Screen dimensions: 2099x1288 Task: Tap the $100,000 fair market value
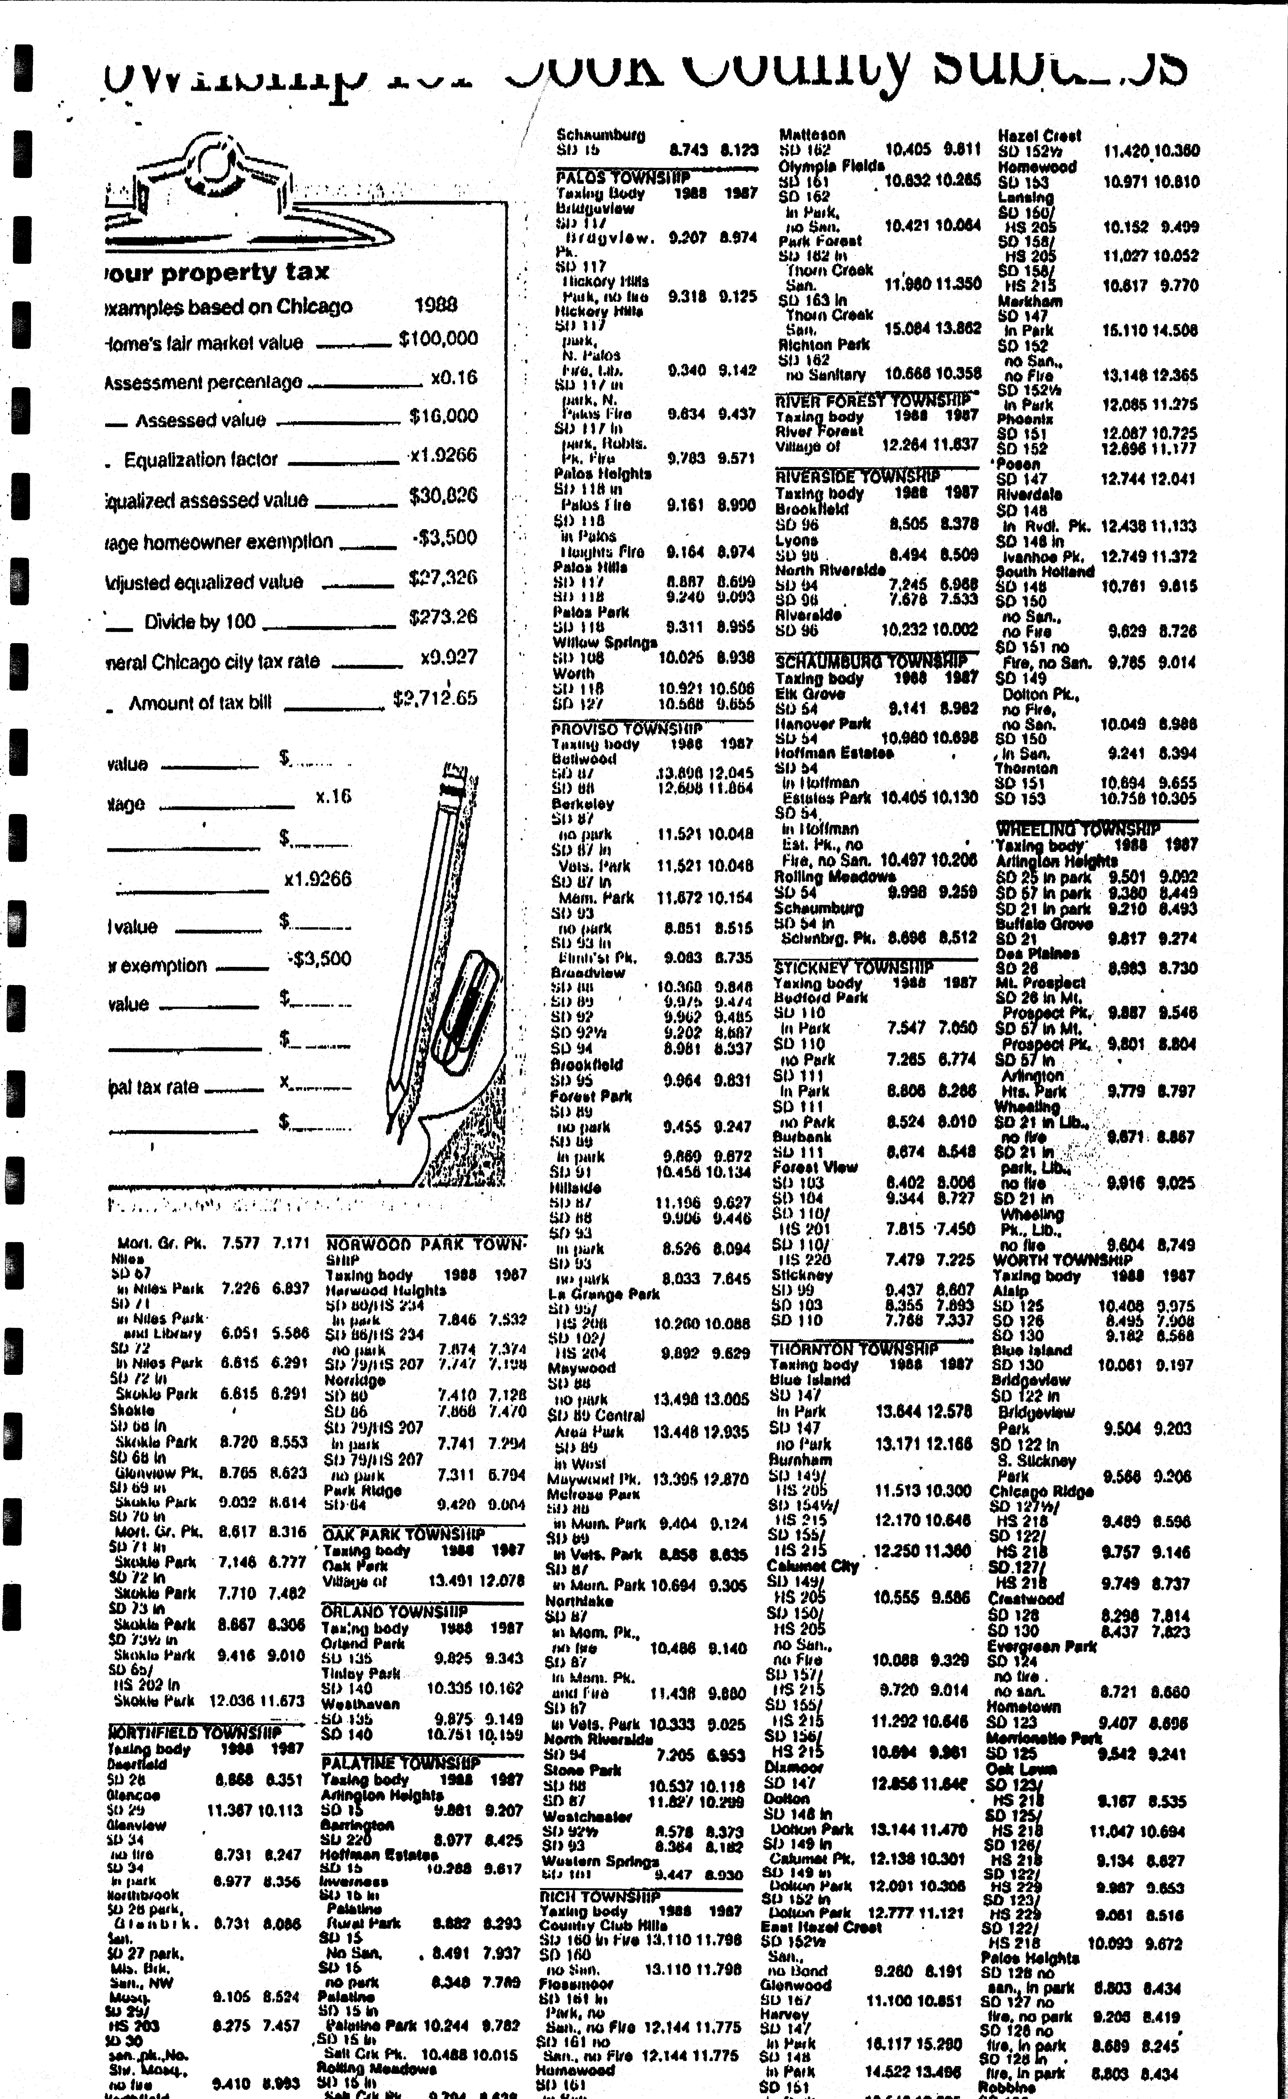click(438, 339)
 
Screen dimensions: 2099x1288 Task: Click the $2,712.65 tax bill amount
click(434, 698)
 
